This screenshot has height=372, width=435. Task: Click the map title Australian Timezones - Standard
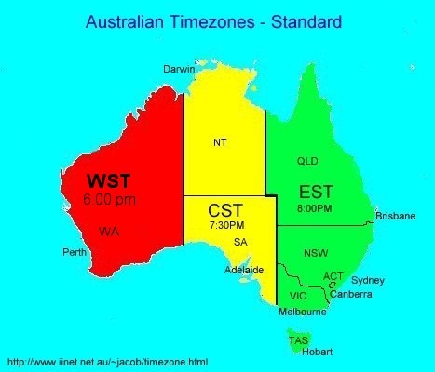[212, 20]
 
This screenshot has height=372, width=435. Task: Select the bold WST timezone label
[109, 179]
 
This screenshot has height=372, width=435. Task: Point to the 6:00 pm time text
[108, 199]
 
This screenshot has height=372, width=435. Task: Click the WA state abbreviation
[109, 230]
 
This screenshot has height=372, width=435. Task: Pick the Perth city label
[75, 252]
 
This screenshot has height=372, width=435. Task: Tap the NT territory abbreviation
[220, 142]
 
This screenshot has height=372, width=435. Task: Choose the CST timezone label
[226, 211]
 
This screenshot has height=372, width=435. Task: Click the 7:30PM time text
[226, 226]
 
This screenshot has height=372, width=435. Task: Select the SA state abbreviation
[240, 242]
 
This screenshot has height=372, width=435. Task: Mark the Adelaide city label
[245, 271]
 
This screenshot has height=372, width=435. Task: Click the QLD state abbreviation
[307, 161]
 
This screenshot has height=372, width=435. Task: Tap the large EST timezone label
[315, 193]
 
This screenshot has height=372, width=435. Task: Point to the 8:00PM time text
[314, 208]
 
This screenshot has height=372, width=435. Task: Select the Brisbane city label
[395, 216]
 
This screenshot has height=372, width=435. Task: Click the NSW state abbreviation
[316, 253]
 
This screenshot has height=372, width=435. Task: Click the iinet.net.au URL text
[107, 361]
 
